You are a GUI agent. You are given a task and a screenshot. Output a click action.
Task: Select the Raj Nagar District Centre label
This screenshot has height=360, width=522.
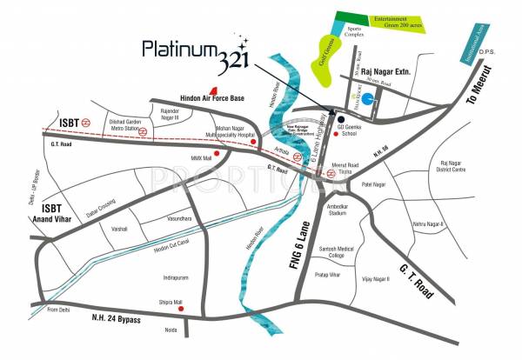pos(459,168)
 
